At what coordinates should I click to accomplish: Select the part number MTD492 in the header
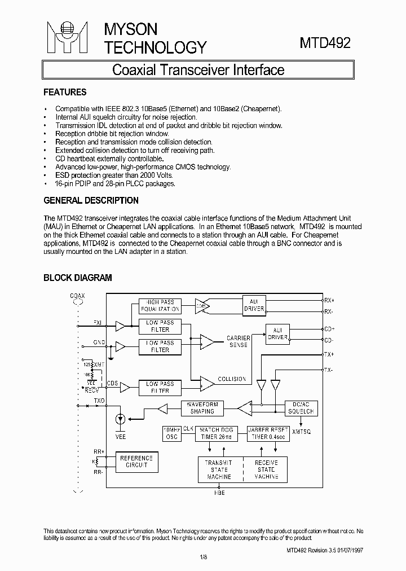[325, 43]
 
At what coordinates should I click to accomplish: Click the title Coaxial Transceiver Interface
[198, 70]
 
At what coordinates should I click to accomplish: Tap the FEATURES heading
[65, 92]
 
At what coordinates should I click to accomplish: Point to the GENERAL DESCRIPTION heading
[91, 200]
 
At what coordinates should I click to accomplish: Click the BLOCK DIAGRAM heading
[78, 278]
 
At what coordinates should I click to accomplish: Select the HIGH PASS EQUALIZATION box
[160, 305]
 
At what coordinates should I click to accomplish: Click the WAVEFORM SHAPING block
[202, 408]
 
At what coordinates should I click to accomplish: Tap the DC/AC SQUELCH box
[299, 408]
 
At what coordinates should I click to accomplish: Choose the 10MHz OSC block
[170, 433]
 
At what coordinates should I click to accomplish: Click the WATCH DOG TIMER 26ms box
[217, 433]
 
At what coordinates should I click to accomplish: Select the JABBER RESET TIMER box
[268, 433]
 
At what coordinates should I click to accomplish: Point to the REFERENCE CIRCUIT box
[136, 462]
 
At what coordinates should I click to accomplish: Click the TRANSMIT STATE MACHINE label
[219, 469]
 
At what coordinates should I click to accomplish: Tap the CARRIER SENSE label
[239, 341]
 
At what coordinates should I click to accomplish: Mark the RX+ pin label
[329, 300]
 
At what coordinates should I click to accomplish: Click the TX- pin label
[328, 370]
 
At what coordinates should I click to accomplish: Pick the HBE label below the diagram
[219, 493]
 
